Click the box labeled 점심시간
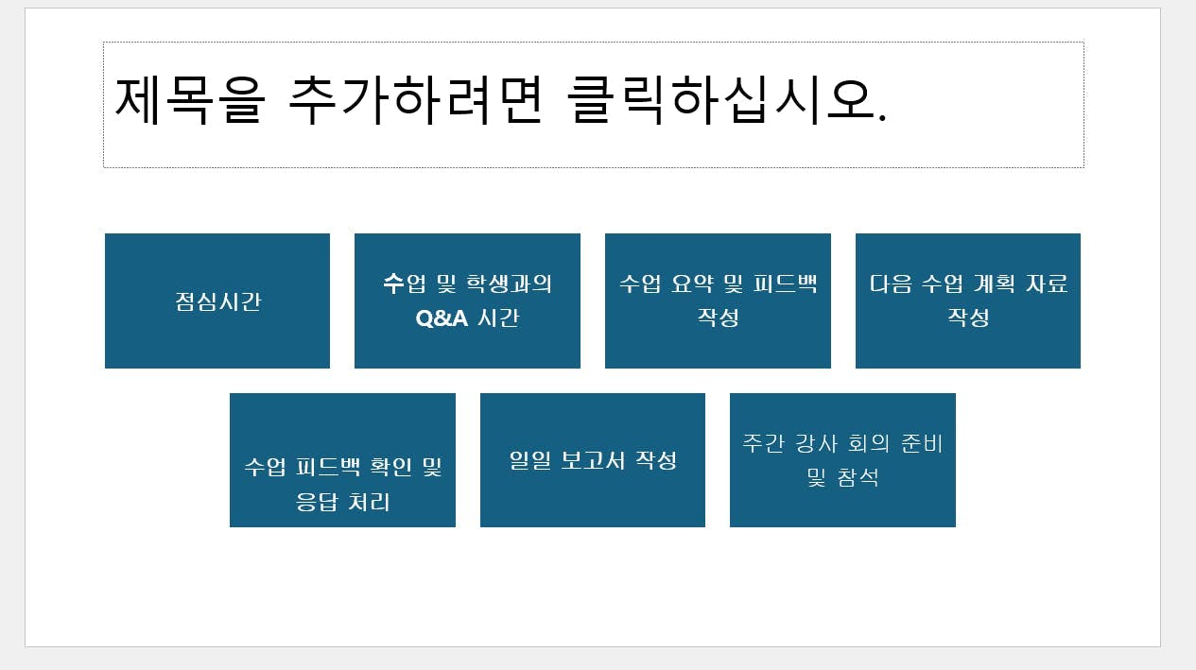pyautogui.click(x=217, y=301)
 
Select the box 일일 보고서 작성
pyautogui.click(x=593, y=460)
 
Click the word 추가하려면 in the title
pyautogui.click(x=414, y=97)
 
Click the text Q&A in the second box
pyautogui.click(x=442, y=318)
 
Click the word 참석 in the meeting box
pyautogui.click(x=858, y=478)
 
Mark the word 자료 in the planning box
pyautogui.click(x=1046, y=283)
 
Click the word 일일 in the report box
pyautogui.click(x=529, y=460)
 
